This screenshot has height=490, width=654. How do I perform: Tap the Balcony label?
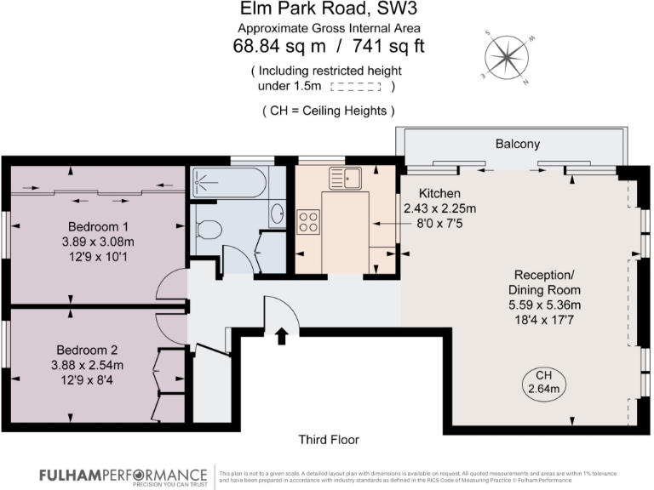pos(518,144)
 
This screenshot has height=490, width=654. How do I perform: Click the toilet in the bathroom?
pos(207,229)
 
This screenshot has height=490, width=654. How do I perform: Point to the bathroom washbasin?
pos(278,214)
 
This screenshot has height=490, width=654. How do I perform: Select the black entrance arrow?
pos(281,336)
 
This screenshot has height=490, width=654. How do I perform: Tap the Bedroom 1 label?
pos(98,227)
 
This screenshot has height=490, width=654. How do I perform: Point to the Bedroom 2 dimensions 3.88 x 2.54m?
pos(87,365)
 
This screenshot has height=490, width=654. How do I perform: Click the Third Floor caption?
pos(328,440)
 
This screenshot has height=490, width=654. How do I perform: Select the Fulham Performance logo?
pos(123,474)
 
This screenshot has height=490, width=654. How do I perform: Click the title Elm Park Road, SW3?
pos(326,11)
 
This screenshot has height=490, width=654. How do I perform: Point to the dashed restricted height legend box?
pos(355,86)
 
